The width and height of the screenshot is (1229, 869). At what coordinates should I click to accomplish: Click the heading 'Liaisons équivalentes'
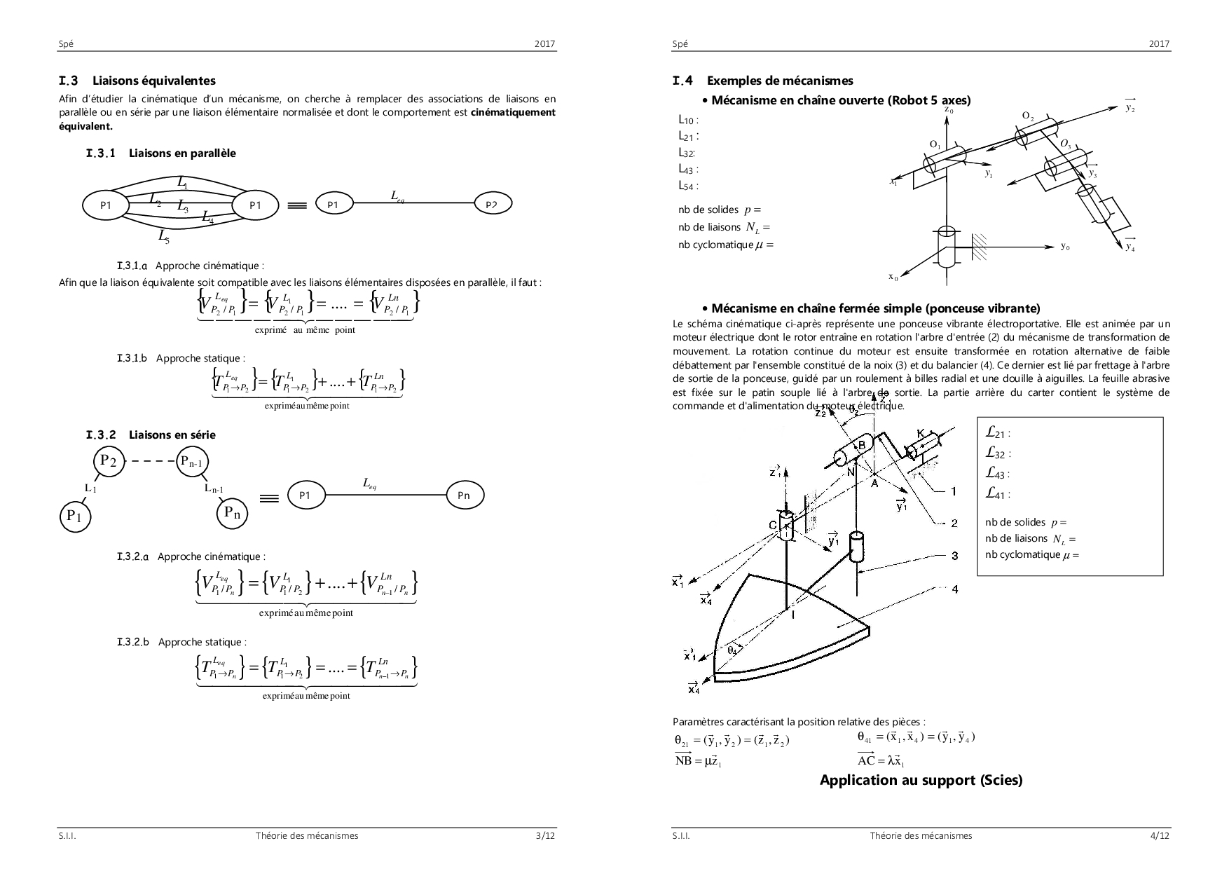pos(153,81)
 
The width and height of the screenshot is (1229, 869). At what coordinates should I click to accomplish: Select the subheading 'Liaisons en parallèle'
pos(182,153)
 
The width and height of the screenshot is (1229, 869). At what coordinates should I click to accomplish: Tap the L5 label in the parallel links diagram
pos(163,237)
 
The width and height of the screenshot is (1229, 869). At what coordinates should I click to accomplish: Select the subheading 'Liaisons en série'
pos(172,434)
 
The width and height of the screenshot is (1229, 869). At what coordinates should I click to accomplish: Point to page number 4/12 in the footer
pos(1160,835)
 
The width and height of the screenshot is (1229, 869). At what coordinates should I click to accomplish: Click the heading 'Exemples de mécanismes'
pos(779,81)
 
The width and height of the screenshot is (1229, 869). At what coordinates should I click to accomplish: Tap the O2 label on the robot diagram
pos(1028,116)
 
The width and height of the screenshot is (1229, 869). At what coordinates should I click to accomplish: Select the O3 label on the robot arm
pos(1065,144)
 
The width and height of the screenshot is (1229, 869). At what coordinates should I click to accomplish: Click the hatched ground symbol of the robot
pos(980,245)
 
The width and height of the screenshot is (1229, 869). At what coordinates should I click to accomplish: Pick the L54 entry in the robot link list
pos(687,186)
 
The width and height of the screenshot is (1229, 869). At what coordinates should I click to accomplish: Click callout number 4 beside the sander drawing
pos(955,589)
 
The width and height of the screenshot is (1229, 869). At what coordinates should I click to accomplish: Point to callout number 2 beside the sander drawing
pos(955,523)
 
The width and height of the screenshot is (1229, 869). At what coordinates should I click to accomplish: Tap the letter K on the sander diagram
pos(920,434)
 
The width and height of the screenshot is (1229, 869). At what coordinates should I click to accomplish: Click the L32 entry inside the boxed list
pos(997,454)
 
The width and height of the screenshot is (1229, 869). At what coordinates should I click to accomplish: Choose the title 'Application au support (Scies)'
pos(921,780)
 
